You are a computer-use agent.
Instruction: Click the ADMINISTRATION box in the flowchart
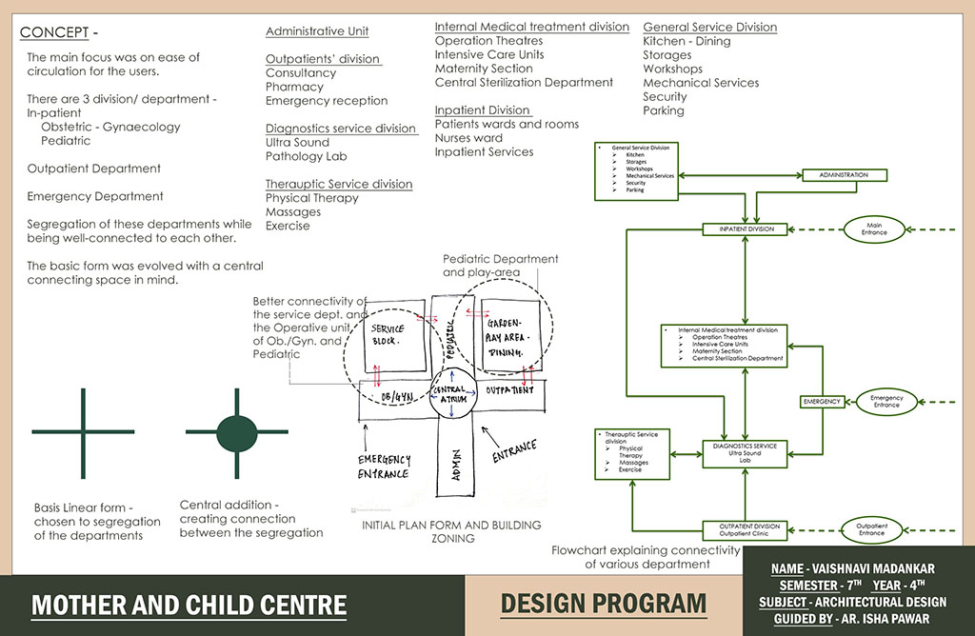pos(843,175)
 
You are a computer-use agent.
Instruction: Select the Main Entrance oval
pos(873,229)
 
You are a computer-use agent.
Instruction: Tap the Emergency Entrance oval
pos(885,401)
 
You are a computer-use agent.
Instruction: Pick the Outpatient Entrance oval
pos(871,529)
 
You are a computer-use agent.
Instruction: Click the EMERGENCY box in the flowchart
pos(821,402)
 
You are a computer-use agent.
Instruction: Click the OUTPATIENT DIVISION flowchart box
pos(754,529)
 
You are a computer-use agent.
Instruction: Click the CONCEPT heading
pos(54,33)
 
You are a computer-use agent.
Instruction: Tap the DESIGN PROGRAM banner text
pos(604,604)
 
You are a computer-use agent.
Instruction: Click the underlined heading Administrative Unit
pos(317,31)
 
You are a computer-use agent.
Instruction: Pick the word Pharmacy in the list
pos(294,87)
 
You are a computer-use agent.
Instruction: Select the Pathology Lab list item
pos(306,156)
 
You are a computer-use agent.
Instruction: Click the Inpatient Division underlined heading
pos(482,110)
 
